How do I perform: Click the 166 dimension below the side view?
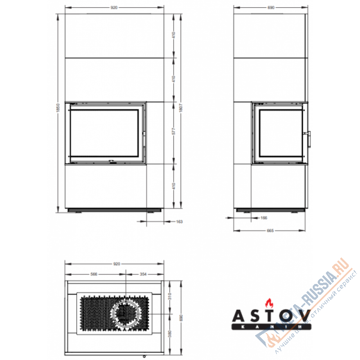pos(264,218)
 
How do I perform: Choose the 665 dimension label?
pos(270,230)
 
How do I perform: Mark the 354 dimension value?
pos(143,274)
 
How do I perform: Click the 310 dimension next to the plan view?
pos(171,298)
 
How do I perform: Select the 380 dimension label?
pos(171,335)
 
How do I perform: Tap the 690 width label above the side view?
pos(271,8)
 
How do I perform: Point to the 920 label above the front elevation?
pos(114,8)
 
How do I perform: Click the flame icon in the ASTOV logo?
pos(269,302)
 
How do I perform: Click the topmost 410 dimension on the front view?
pos(173,36)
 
